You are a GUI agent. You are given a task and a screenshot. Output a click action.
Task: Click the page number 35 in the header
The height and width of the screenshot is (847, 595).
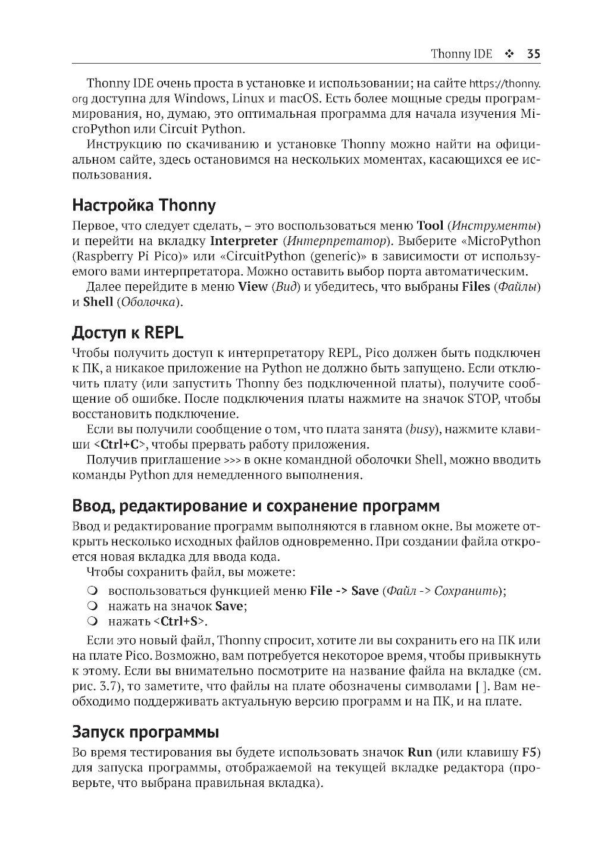click(533, 54)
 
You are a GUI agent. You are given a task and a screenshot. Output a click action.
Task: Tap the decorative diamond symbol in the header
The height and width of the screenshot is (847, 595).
click(509, 54)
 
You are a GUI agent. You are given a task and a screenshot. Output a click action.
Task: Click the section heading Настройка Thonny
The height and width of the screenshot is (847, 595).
click(143, 206)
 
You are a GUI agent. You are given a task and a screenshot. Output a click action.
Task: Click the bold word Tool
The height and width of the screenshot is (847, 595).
click(430, 225)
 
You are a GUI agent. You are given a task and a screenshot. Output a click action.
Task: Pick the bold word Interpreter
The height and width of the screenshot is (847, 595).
click(244, 241)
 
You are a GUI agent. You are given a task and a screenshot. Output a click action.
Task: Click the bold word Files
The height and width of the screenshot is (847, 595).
click(475, 287)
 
